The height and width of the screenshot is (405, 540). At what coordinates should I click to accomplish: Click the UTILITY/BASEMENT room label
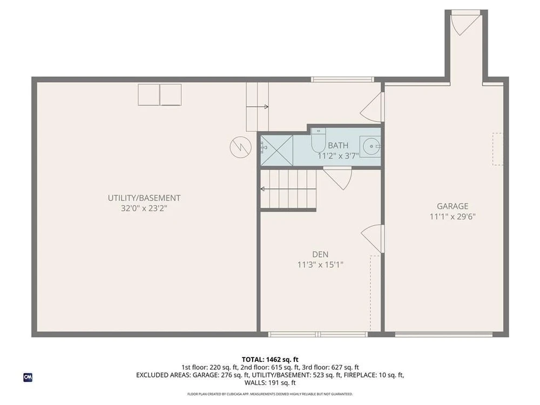[x=144, y=198]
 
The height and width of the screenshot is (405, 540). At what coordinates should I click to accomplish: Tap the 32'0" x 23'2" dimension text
[x=144, y=208]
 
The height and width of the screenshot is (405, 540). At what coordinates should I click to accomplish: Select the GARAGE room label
[x=452, y=206]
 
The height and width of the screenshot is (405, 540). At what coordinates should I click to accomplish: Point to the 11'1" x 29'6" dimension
[x=452, y=216]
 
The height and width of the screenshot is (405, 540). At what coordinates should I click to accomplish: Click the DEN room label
[x=320, y=254]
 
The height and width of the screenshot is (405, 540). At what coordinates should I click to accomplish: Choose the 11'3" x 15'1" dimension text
[x=320, y=265]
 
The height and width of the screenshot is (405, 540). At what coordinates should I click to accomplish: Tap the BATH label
[x=338, y=145]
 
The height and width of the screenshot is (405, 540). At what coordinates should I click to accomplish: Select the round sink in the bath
[x=371, y=145]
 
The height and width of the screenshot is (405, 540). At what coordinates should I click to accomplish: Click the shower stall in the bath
[x=276, y=150]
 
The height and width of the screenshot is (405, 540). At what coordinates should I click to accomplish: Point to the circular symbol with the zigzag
[x=239, y=146]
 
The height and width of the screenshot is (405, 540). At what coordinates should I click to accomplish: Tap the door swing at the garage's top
[x=463, y=24]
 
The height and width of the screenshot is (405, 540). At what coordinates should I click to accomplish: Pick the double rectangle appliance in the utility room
[x=160, y=94]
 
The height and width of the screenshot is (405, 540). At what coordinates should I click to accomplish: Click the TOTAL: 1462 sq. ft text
[x=269, y=359]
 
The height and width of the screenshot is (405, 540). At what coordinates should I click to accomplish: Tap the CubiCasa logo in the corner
[x=28, y=377]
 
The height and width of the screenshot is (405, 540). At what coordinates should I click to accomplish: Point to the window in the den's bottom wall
[x=318, y=334]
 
